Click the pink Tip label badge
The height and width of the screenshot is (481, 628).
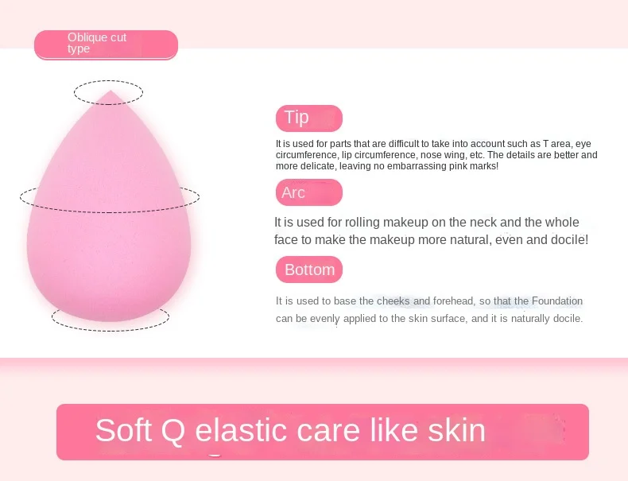(308, 118)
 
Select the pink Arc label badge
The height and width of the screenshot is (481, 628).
(308, 192)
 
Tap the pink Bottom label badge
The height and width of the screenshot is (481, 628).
(308, 270)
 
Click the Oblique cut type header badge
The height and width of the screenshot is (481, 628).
(107, 45)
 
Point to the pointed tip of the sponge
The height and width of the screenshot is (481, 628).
(110, 91)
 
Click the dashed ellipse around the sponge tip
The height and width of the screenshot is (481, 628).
(109, 81)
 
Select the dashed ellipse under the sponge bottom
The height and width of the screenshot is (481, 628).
(110, 331)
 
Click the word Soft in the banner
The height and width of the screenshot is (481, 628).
(123, 430)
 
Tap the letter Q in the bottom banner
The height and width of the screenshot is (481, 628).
(173, 431)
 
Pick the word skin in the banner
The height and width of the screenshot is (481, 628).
(456, 430)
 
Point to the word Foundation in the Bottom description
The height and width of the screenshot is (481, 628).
(557, 301)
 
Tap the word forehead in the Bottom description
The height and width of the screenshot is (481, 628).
(454, 301)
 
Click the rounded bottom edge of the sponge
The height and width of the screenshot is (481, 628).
(109, 320)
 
